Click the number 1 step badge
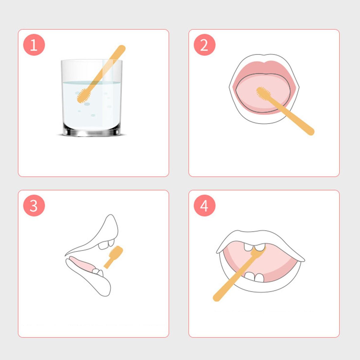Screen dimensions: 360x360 tap(34, 45)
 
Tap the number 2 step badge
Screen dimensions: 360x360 tap(205, 45)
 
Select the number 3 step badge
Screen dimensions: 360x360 tap(34, 206)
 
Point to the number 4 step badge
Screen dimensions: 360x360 tap(205, 206)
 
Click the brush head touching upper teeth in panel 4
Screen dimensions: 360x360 tap(258, 252)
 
